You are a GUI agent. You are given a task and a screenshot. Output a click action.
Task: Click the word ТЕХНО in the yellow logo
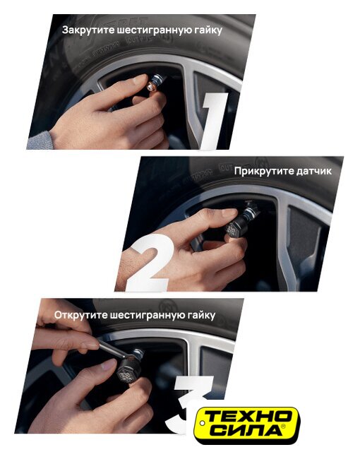coord(248,416)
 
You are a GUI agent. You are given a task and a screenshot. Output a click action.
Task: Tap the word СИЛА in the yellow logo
coord(248,430)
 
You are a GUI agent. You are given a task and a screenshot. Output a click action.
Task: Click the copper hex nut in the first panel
coord(151,86)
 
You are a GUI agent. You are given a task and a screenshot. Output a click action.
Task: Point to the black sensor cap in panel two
coord(235,228)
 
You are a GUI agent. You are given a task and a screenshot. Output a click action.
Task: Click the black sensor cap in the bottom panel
coord(125,372)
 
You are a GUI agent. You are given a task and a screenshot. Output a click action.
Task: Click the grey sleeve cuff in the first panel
coord(40,141)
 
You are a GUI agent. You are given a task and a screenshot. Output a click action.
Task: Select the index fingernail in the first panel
coord(139,80)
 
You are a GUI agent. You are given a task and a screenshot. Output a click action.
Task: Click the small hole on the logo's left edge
coord(202,423)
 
